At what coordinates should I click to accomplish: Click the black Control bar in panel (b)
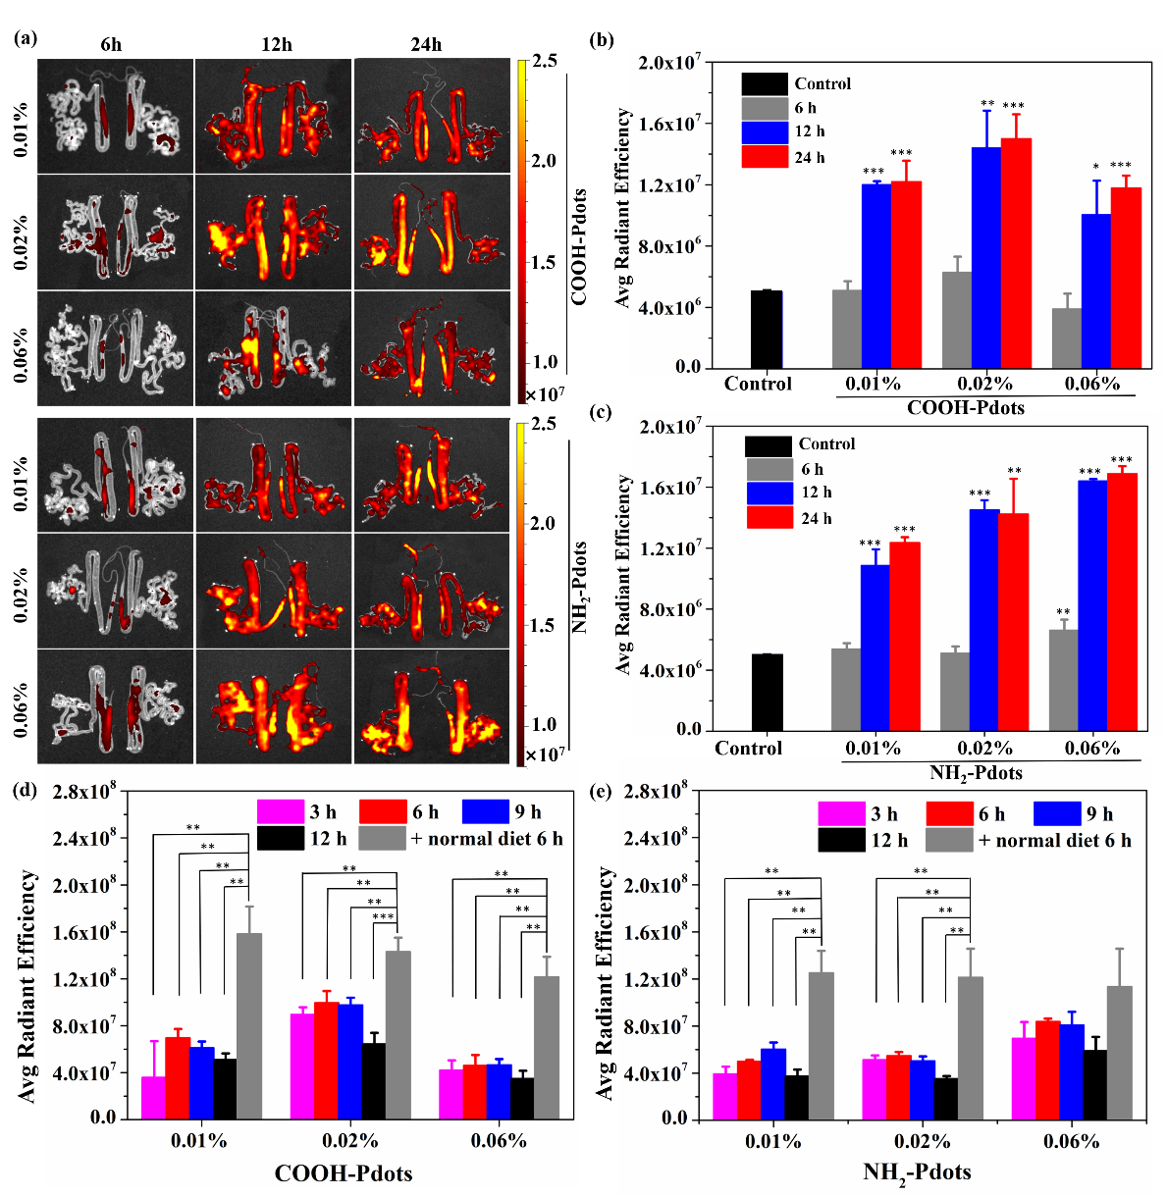pyautogui.click(x=767, y=330)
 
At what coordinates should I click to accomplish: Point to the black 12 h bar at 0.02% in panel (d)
pyautogui.click(x=373, y=1080)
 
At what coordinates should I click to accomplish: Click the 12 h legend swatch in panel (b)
pyautogui.click(x=765, y=131)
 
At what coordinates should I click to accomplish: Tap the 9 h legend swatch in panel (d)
pyautogui.click(x=485, y=811)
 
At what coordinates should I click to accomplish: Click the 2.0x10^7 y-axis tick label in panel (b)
pyautogui.click(x=670, y=64)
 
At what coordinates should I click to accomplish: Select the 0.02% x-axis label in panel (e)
pyautogui.click(x=923, y=1142)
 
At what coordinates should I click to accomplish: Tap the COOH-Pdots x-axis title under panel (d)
pyautogui.click(x=344, y=1173)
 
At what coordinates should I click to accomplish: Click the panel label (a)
pyautogui.click(x=27, y=39)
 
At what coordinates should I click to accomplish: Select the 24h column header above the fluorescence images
pyautogui.click(x=427, y=45)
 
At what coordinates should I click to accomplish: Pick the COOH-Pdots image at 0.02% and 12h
pyautogui.click(x=274, y=233)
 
